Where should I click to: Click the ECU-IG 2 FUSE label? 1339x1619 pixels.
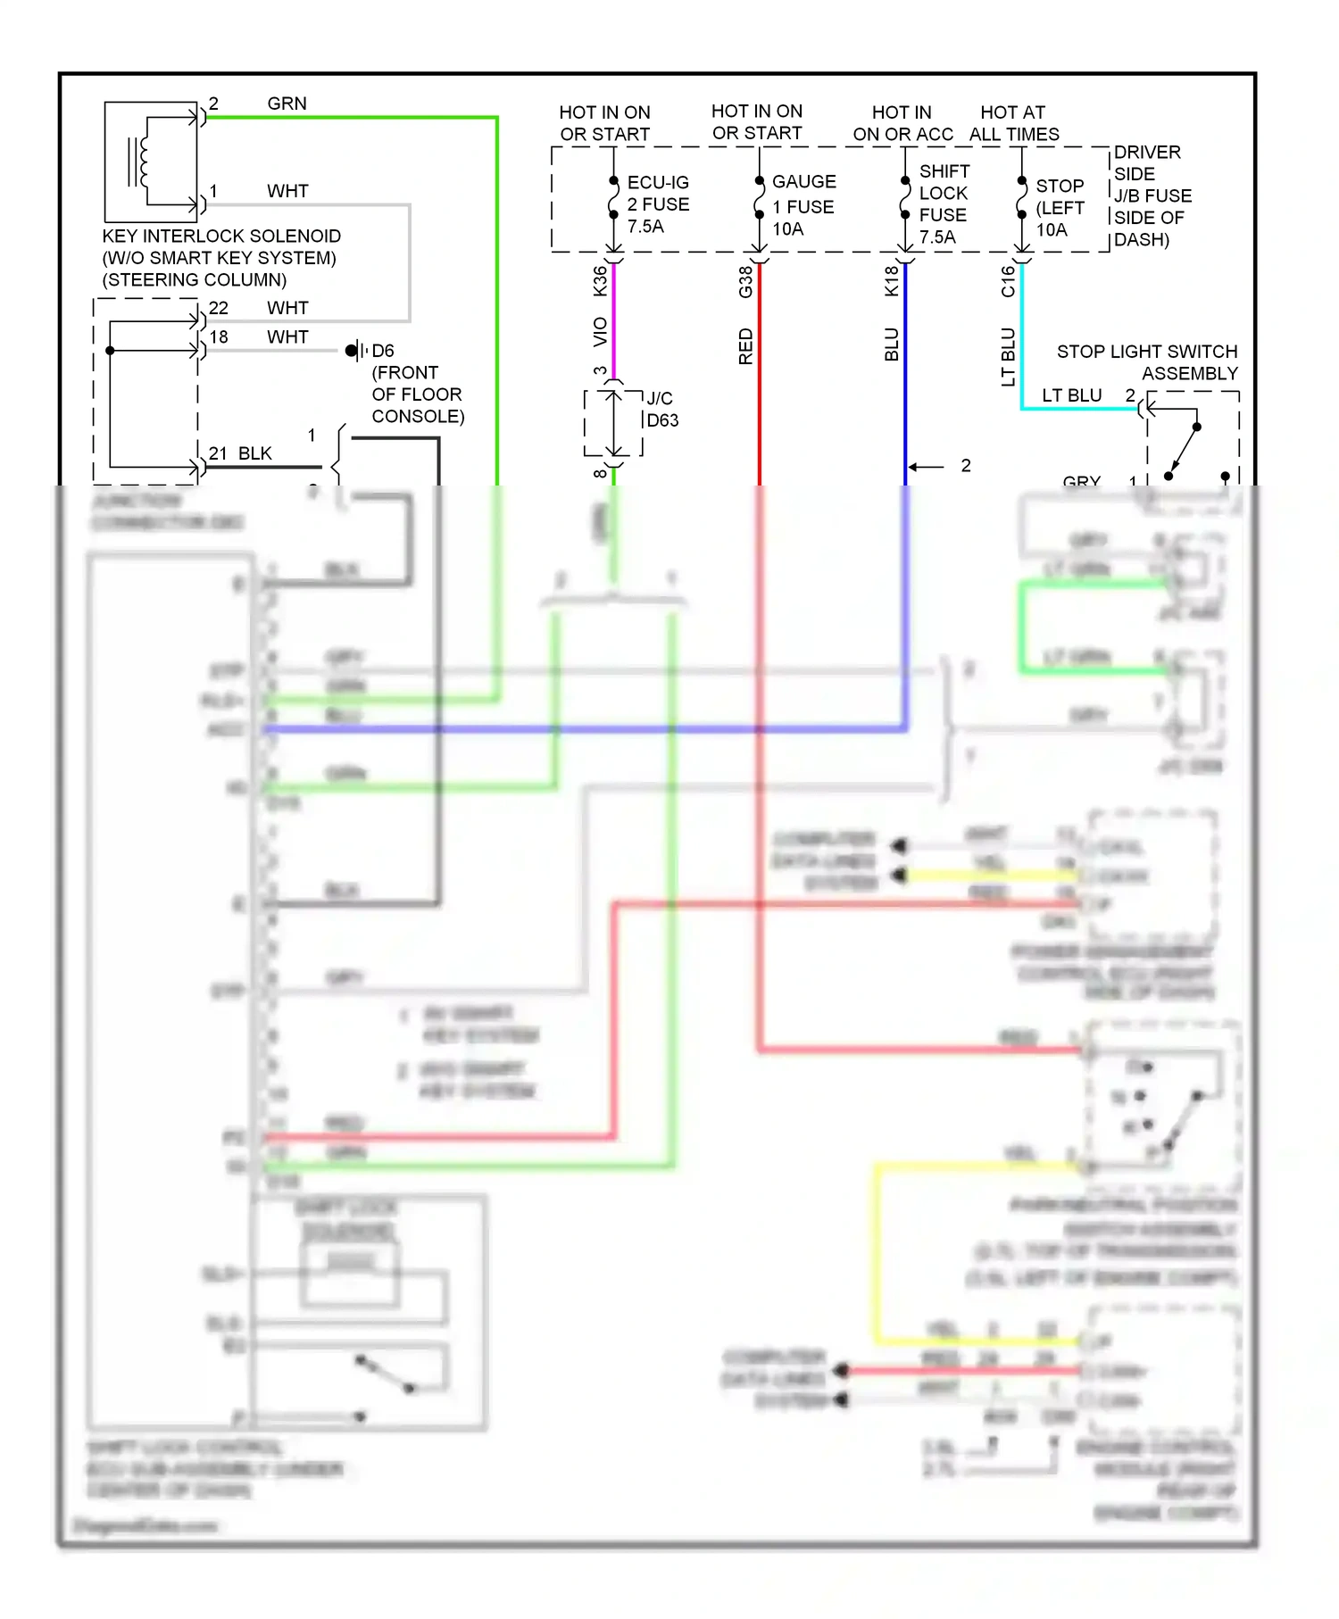[657, 204]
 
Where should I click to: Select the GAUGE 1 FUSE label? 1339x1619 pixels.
[803, 205]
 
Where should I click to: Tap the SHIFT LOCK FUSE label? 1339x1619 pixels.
[944, 204]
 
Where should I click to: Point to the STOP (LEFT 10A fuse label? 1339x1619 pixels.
[1060, 207]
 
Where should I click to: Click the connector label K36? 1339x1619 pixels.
[600, 281]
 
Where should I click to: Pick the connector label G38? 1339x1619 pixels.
[745, 282]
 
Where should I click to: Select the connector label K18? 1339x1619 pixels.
[891, 281]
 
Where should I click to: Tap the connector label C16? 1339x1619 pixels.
[1008, 281]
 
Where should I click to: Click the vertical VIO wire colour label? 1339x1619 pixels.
[600, 331]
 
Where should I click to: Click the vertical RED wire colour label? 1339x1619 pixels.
[745, 346]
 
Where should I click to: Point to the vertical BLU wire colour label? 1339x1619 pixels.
[891, 345]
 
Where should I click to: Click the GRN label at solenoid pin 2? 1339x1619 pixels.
[287, 104]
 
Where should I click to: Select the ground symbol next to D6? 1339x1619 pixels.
[355, 350]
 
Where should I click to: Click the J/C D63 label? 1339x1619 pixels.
[661, 410]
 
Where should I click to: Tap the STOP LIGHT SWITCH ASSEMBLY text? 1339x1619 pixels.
[1148, 362]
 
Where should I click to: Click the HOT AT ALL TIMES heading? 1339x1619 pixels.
[1013, 123]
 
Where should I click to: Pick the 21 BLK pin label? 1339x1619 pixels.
[240, 453]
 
